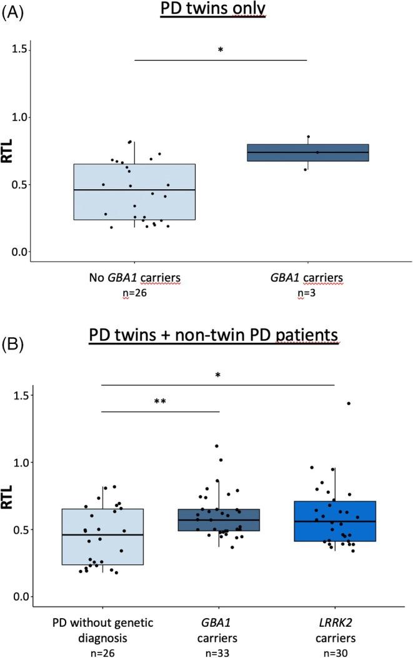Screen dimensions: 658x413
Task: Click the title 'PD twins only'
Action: coord(212,11)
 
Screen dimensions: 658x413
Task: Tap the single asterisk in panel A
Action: coord(221,50)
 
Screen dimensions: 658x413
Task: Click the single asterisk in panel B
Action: coord(217,376)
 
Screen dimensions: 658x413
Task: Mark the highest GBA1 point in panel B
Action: coord(216,446)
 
